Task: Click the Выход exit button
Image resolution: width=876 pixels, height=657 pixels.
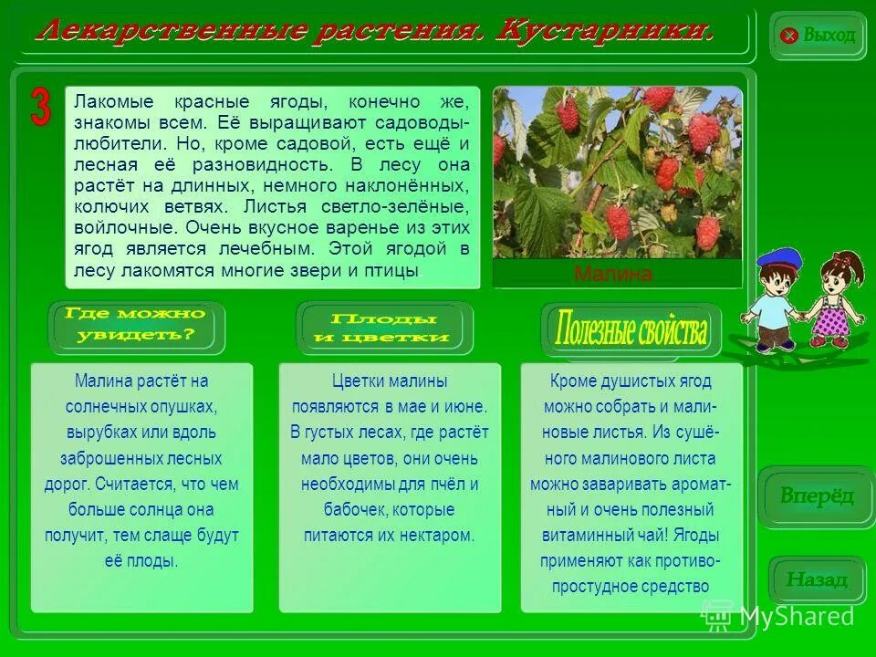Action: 818,36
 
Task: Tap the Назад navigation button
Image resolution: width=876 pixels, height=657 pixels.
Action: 817,579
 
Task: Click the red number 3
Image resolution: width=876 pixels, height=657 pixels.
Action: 41,108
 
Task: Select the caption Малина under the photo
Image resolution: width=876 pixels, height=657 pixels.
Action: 613,275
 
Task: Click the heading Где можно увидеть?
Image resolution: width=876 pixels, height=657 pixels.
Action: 136,325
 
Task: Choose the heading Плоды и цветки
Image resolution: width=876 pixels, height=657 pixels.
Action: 382,327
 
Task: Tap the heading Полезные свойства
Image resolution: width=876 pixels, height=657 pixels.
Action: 631,329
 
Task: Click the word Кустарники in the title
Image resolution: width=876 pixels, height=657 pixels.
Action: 603,32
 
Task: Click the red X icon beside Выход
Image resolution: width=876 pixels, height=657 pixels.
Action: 790,36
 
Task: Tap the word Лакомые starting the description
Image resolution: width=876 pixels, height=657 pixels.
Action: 108,100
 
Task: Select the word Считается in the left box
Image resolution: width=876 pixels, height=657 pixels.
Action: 135,485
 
